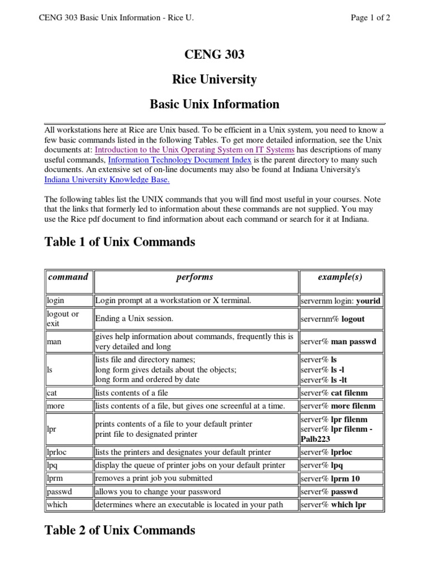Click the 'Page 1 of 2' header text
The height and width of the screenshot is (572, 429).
[x=370, y=17]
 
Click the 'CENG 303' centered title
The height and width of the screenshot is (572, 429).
[x=214, y=55]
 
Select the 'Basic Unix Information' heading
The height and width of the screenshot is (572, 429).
[x=214, y=104]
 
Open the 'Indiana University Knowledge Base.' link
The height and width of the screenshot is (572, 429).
[x=107, y=180]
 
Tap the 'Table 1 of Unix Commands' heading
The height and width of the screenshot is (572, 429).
[x=120, y=242]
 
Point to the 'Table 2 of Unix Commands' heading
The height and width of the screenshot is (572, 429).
[x=120, y=530]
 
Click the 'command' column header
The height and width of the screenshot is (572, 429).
[x=68, y=277]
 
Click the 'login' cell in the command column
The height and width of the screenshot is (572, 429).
[x=55, y=301]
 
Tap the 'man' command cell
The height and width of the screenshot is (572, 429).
[x=54, y=341]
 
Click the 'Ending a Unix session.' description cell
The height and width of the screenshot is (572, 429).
[x=135, y=319]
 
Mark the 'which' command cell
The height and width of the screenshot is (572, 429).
[x=57, y=504]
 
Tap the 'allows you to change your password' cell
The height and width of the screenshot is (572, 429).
[x=158, y=492]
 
